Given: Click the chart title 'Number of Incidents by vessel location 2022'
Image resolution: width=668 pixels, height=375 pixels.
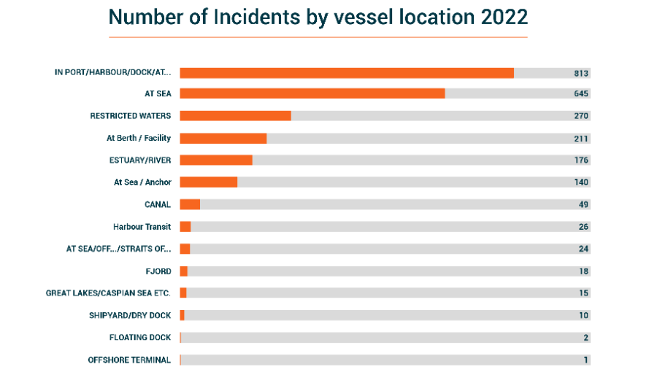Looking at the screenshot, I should click(318, 17).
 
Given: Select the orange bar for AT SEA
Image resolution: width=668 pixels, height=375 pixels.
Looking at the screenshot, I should click(312, 93).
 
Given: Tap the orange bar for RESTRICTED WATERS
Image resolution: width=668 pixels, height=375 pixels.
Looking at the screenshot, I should click(235, 115).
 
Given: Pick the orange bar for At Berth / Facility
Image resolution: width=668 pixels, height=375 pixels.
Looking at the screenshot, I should click(223, 138).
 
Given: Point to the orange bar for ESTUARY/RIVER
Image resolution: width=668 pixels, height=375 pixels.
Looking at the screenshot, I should click(215, 160).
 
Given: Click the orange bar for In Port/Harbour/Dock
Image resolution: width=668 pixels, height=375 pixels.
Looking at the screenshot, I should click(347, 73).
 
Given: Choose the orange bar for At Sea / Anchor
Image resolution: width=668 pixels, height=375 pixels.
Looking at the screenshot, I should click(208, 182).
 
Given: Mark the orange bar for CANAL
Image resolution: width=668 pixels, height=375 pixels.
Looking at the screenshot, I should click(190, 204).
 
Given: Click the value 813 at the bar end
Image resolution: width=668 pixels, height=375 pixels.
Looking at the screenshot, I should click(581, 73).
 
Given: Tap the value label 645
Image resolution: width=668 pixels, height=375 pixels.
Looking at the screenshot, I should click(581, 93).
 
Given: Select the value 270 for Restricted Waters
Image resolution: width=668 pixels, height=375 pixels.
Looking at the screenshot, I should click(581, 115).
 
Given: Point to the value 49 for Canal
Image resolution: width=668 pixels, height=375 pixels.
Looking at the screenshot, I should click(583, 204).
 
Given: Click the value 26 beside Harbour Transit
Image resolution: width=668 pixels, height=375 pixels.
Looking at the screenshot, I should click(583, 227).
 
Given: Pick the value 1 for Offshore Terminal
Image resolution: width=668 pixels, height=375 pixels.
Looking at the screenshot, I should click(586, 360).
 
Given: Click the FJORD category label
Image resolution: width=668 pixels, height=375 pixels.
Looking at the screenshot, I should click(158, 271).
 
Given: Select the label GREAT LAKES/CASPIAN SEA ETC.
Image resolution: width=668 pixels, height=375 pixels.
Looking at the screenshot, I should click(108, 293).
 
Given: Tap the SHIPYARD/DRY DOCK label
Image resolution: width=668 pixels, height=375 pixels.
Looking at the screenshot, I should click(129, 315).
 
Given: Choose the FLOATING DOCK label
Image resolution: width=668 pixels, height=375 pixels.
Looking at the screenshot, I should click(140, 337).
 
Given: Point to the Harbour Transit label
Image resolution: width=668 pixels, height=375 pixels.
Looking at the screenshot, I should click(142, 227).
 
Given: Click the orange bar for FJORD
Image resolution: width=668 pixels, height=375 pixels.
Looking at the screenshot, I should click(184, 271).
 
